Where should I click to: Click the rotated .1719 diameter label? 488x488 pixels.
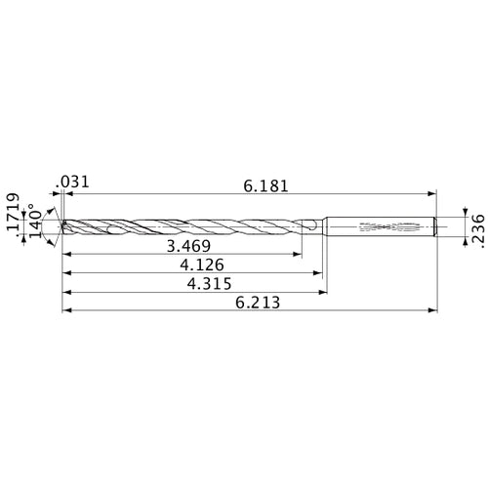[x=13, y=215]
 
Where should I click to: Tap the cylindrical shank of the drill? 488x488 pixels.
[x=381, y=227]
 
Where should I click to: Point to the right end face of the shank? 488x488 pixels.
[x=434, y=227]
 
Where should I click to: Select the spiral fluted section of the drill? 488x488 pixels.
[x=185, y=227]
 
